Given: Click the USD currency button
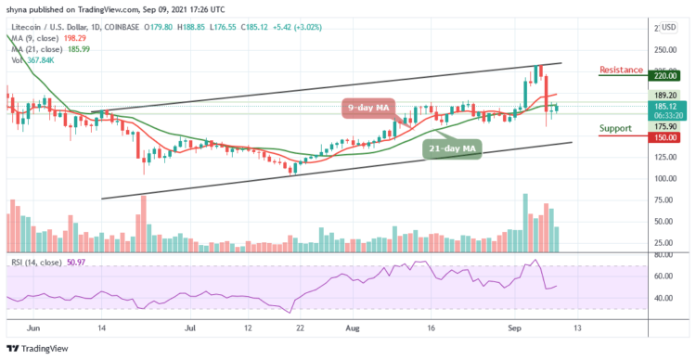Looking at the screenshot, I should coord(668,27).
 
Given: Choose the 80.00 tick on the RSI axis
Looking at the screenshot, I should coord(665,254).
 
